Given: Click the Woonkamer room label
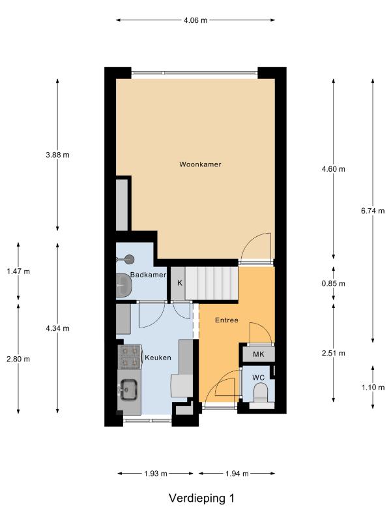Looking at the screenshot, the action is pos(200,164).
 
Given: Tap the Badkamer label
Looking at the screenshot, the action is pos(148,275).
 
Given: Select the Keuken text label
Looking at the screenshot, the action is pos(158,358).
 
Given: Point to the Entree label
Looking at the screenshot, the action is pos(227,320).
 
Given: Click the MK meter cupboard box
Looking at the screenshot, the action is pos(259,354).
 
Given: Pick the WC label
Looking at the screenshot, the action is pos(258,378).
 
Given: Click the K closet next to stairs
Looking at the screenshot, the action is pos(180,283).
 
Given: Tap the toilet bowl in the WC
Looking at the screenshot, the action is pos(260,392).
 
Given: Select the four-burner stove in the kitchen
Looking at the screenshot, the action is pos(130,356).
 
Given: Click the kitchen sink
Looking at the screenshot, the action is pos(129,390).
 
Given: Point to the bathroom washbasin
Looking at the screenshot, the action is pos(124,285).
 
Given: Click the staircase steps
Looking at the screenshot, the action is pos(212,283).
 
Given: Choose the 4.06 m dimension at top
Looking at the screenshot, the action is pos(195,20).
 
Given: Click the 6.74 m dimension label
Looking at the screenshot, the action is pos(373,211).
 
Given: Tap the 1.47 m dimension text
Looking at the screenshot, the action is pos(18,271).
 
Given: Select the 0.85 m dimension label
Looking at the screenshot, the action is pos(334,283).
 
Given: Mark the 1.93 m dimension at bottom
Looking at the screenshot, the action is pos(156,474).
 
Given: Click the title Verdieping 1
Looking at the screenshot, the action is pos(201,498).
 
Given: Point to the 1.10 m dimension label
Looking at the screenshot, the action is pos(373,387).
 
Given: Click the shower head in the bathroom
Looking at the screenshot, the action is pos(128,259).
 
